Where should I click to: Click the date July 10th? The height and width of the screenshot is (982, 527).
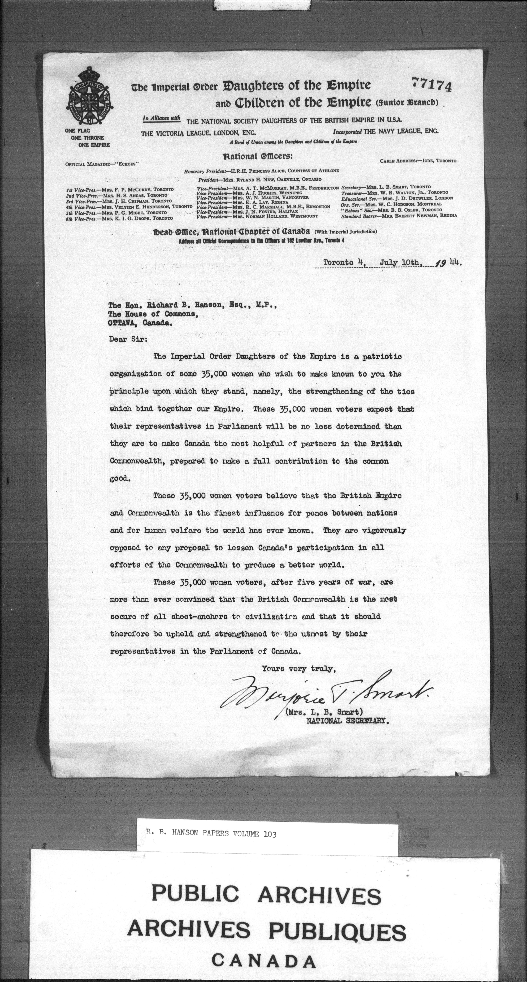pos(400,263)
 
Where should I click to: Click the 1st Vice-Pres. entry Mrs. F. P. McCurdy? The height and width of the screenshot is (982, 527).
pos(120,189)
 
